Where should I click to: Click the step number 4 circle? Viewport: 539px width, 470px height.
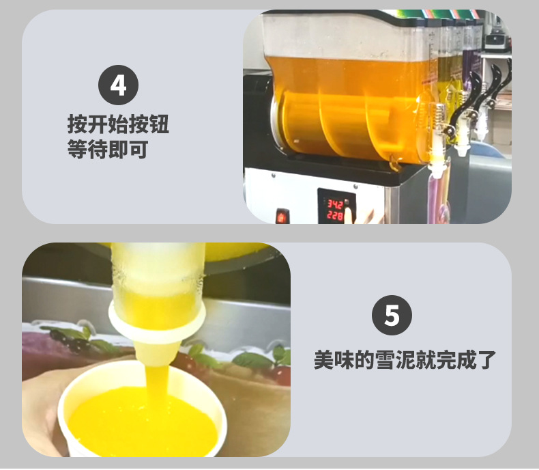119,85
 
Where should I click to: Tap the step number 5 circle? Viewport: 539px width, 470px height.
392,316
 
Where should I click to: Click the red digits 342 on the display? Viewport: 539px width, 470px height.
334,204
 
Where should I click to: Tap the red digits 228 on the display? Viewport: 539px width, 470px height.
334,215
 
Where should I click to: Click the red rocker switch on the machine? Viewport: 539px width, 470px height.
280,217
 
